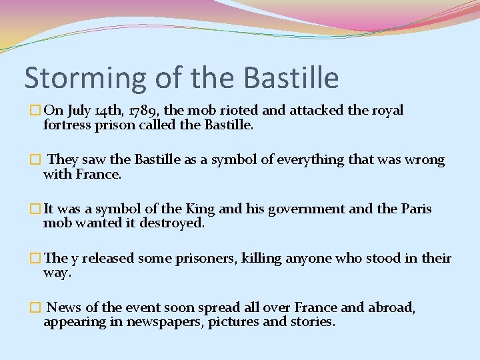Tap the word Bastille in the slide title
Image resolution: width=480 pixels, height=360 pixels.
tap(291, 77)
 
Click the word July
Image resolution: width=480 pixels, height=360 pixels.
tap(77, 111)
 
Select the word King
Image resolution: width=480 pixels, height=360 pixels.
tap(200, 209)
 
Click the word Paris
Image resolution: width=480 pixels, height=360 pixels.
tap(416, 209)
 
